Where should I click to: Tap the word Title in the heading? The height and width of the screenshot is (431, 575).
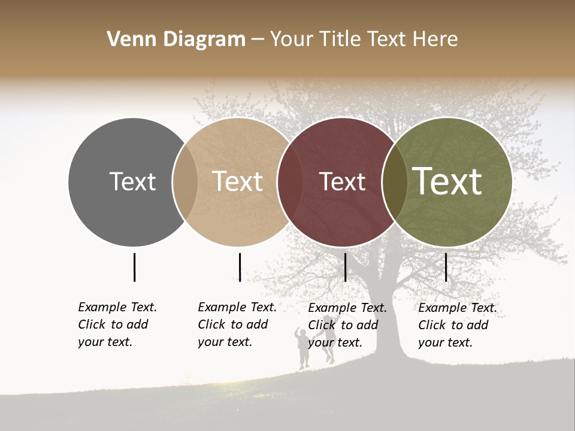click(341, 40)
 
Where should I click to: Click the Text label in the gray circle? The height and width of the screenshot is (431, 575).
click(132, 181)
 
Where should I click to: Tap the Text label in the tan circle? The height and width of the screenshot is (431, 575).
click(238, 181)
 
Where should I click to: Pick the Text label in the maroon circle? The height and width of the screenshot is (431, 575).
click(342, 181)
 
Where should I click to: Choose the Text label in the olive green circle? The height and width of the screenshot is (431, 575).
click(447, 181)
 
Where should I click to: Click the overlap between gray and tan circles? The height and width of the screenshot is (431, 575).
click(185, 181)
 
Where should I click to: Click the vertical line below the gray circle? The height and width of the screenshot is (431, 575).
click(134, 267)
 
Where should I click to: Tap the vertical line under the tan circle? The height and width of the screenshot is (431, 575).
click(240, 267)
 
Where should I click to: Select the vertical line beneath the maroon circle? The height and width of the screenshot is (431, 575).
click(345, 267)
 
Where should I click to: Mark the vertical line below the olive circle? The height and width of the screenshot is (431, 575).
click(446, 267)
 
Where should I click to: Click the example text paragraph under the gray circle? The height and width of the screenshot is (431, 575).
click(117, 324)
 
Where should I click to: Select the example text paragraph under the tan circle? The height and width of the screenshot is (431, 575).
click(237, 324)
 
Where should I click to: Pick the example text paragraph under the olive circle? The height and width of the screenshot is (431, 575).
click(457, 325)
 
